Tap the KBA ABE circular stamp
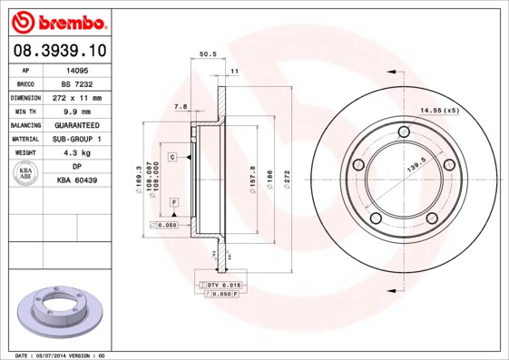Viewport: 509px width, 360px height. coord(26,174)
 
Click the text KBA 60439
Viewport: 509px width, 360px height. coord(77,181)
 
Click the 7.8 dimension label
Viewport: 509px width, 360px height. coord(180,107)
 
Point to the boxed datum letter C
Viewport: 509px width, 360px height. coord(171,157)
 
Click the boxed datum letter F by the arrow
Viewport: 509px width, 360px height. coord(172,200)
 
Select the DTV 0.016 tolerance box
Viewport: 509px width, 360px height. coord(220,286)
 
